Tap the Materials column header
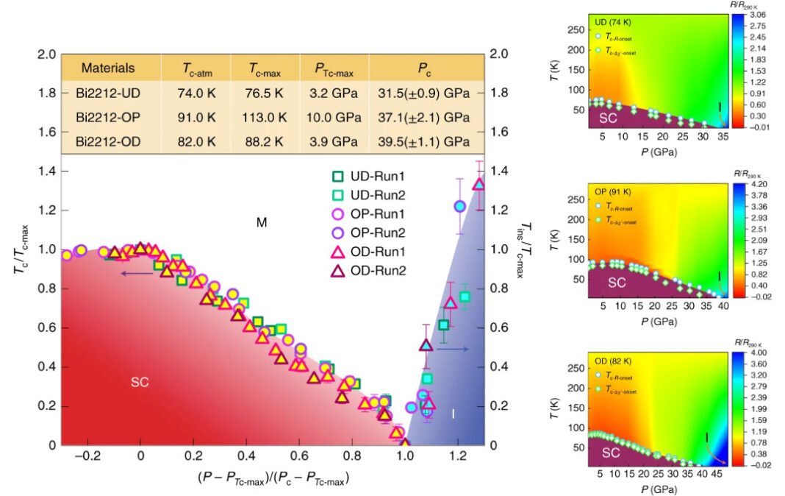108,68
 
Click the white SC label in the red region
140,382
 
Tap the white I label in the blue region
453,414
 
